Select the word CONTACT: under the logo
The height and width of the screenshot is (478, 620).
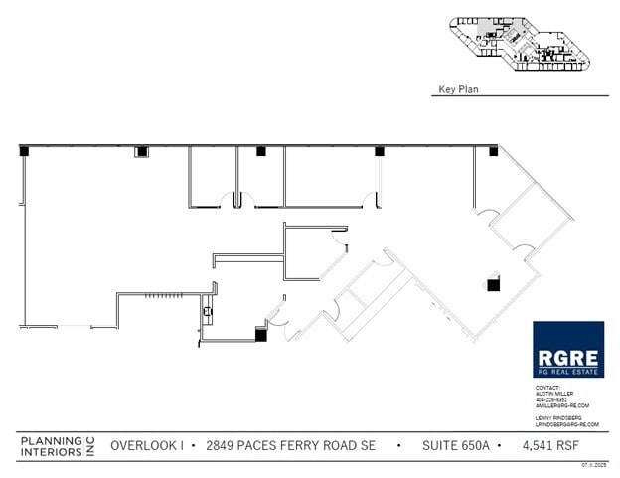[x=547, y=387]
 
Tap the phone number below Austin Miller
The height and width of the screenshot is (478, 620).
[x=552, y=399]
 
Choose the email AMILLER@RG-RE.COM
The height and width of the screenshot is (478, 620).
[x=562, y=405]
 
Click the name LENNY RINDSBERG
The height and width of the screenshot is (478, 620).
[x=558, y=418]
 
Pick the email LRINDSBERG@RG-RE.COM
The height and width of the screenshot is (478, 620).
[x=567, y=424]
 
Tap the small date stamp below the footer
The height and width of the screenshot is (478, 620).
[x=593, y=465]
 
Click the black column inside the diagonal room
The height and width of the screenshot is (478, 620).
[x=493, y=285]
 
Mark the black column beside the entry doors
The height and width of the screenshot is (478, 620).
[x=261, y=336]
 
